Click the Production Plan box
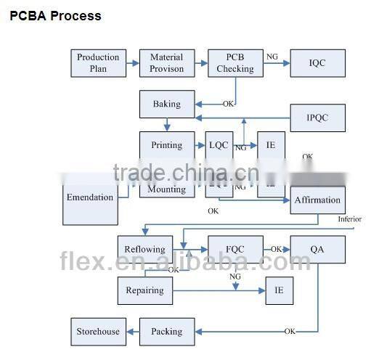coord(98,63)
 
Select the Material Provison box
coord(166,63)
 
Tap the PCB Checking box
coord(235,63)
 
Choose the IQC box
coord(317,63)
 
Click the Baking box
coord(166,105)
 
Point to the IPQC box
coord(317,118)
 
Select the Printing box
coord(166,145)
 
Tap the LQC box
coord(219,145)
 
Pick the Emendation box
coord(90,197)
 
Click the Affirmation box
coord(317,200)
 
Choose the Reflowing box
coord(145,249)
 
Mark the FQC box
coord(235,249)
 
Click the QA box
coord(317,249)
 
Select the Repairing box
coord(145,290)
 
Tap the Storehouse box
coord(98,332)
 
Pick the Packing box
coord(166,332)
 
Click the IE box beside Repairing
coord(279,290)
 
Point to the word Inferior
coord(349,219)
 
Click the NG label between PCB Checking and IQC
coord(272,57)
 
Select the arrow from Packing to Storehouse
coord(132,332)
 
